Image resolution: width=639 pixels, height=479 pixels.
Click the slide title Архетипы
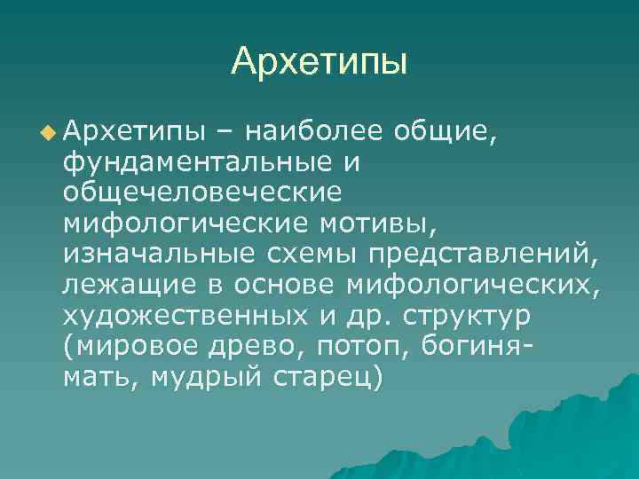point(319,61)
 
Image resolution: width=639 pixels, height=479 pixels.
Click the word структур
point(479,315)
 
